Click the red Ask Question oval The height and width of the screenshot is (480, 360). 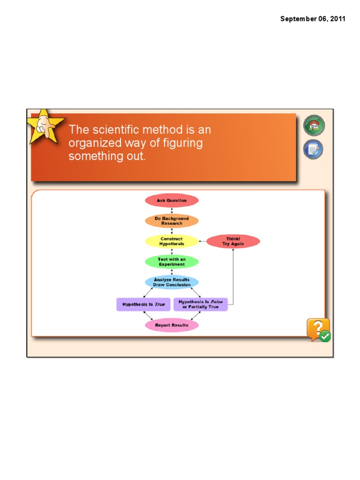172,201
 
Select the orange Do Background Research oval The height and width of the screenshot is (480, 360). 172,221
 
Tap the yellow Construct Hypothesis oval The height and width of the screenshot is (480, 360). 172,241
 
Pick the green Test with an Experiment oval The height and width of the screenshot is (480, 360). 172,262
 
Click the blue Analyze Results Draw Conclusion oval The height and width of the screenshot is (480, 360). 172,282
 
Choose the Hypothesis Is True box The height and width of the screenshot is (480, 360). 143,304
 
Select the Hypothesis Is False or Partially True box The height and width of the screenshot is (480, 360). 201,304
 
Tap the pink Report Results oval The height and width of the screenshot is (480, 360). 172,325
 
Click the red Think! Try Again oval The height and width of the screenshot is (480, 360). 233,241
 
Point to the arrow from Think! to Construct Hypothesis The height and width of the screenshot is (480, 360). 202,241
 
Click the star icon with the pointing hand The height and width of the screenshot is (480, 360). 45,127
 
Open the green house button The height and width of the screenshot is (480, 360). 314,125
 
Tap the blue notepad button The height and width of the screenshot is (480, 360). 313,150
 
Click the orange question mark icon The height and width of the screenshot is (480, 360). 317,329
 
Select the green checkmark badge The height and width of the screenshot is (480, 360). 325,336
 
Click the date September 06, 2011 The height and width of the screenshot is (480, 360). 313,19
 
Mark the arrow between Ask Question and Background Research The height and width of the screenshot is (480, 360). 172,210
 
